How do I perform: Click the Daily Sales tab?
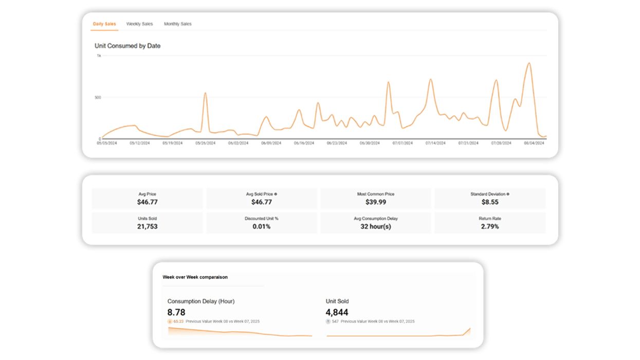(104, 24)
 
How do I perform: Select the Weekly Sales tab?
(139, 24)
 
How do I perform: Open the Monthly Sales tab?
(177, 24)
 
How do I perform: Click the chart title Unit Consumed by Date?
(127, 46)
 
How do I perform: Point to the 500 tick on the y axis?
(98, 97)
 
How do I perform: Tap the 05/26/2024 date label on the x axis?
(205, 143)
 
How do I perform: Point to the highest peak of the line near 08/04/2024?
(529, 63)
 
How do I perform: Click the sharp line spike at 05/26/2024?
(205, 94)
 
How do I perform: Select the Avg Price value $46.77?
(147, 202)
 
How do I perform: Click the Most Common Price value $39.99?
(375, 202)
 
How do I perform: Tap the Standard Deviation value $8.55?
(489, 202)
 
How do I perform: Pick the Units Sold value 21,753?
(147, 226)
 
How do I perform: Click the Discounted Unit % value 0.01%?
(261, 226)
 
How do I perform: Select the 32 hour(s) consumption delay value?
(375, 226)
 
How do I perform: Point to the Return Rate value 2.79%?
(489, 226)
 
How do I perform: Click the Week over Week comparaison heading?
(195, 277)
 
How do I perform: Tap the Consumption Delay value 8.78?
(176, 312)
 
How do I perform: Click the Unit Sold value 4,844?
(337, 312)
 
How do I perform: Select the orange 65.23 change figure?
(178, 321)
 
